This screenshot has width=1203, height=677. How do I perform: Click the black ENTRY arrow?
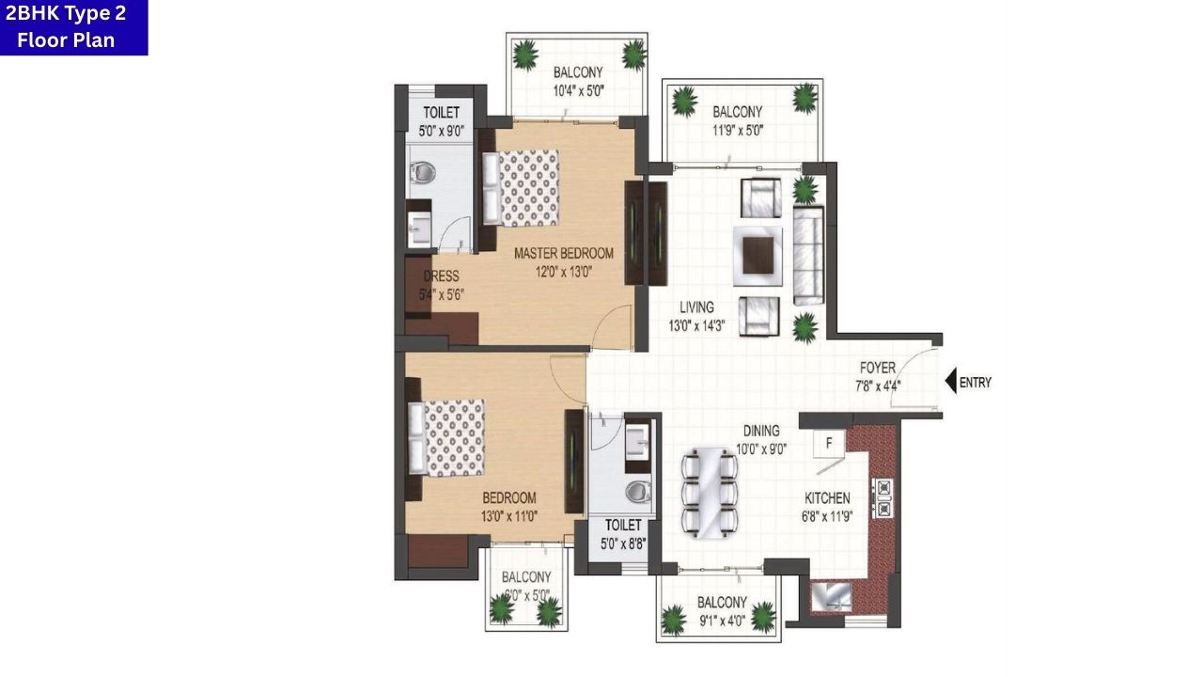[951, 382]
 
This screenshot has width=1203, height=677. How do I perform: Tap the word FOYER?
[877, 368]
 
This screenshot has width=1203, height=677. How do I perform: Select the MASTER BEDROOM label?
[563, 253]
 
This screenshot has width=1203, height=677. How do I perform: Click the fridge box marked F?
[830, 442]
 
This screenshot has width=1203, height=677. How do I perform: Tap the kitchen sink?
[831, 597]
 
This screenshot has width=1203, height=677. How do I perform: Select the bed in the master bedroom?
[522, 187]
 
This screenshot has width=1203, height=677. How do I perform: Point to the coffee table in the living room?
[758, 254]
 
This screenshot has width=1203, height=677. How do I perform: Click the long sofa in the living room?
[808, 255]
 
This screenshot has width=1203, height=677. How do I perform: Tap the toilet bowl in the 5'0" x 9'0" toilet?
[423, 172]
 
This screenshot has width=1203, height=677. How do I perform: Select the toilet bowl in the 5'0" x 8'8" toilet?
[639, 491]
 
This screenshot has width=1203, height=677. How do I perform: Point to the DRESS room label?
[441, 276]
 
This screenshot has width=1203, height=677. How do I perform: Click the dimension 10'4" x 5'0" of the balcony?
[578, 91]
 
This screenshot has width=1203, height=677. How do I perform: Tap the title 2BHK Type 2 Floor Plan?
[72, 26]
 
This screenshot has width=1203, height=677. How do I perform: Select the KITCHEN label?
[827, 498]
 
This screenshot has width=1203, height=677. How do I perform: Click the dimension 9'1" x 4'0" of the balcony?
[722, 621]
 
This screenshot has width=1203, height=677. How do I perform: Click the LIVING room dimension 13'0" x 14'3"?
[696, 326]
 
